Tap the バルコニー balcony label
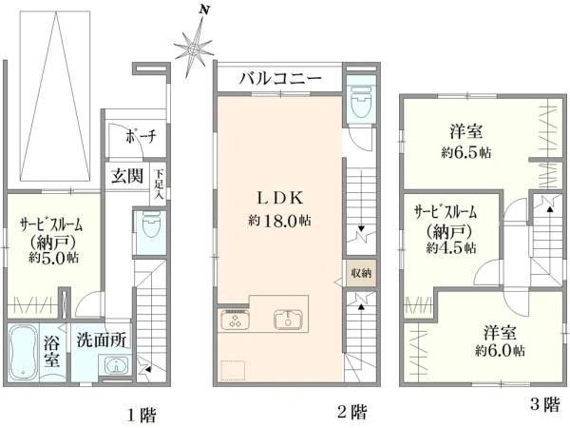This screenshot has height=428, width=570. pyautogui.click(x=280, y=79)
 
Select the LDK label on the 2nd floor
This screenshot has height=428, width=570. pyautogui.click(x=280, y=199)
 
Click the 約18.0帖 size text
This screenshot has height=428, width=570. pyautogui.click(x=279, y=221)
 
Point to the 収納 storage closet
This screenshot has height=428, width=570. pyautogui.click(x=361, y=273)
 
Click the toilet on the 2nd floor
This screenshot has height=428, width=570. pyautogui.click(x=361, y=102)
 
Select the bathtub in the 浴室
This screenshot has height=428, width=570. pyautogui.click(x=23, y=352)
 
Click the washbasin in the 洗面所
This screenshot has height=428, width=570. pyautogui.click(x=116, y=365)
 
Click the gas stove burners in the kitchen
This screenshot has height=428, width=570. pyautogui.click(x=235, y=320)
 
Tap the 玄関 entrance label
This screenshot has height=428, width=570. pyautogui.click(x=127, y=176)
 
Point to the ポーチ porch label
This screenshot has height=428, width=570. pyautogui.click(x=141, y=137)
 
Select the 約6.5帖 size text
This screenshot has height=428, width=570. pyautogui.click(x=466, y=152)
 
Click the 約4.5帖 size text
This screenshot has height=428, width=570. pyautogui.click(x=451, y=248)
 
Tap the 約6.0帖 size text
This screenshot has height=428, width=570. pyautogui.click(x=500, y=350)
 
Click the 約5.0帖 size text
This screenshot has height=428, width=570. pyautogui.click(x=54, y=258)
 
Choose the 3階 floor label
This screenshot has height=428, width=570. pyautogui.click(x=545, y=404)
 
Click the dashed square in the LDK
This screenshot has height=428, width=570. pyautogui.click(x=233, y=370)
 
